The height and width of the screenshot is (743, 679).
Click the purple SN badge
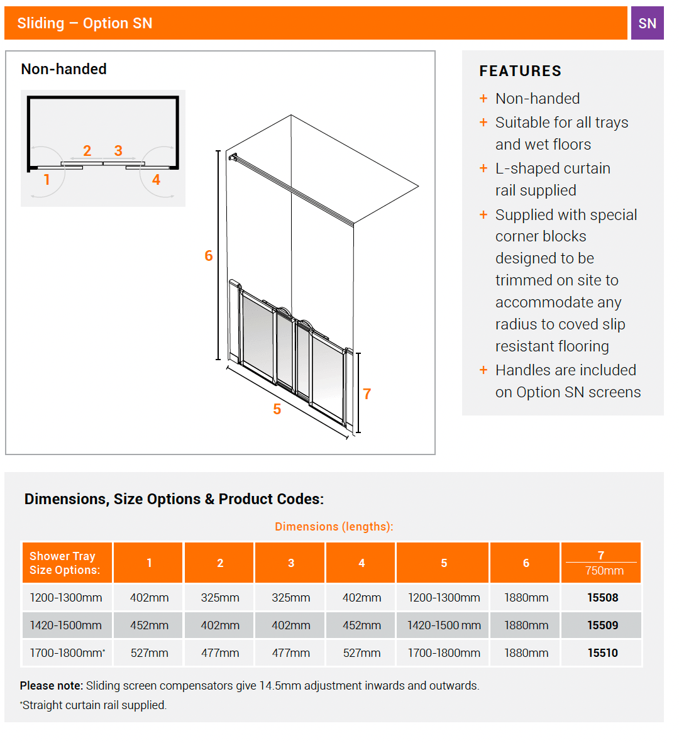pos(647,23)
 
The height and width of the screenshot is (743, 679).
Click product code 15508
pos(602,598)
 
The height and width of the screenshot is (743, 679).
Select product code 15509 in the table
pos(602,625)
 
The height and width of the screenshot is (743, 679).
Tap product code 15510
pos(602,653)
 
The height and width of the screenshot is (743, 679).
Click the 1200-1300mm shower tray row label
pos(66,598)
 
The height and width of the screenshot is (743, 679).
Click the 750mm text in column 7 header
pos(604,571)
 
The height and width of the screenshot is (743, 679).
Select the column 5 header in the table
pos(443,563)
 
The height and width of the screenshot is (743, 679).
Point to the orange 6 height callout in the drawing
pos(209,256)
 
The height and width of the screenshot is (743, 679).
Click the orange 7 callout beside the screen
pos(367,394)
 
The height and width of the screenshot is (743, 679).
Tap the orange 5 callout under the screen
pos(277,409)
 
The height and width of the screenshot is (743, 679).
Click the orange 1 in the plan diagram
pos(47,180)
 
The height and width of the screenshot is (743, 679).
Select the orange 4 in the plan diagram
pos(156,180)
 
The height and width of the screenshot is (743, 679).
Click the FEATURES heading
pos(520,71)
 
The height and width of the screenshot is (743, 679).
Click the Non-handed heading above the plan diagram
pos(63,69)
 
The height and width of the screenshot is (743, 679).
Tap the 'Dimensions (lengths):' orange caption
pos(334,527)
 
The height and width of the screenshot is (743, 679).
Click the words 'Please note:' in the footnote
pos(52,686)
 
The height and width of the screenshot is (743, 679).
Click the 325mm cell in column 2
pos(220,598)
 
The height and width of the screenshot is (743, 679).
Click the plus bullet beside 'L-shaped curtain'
pos(483,168)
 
